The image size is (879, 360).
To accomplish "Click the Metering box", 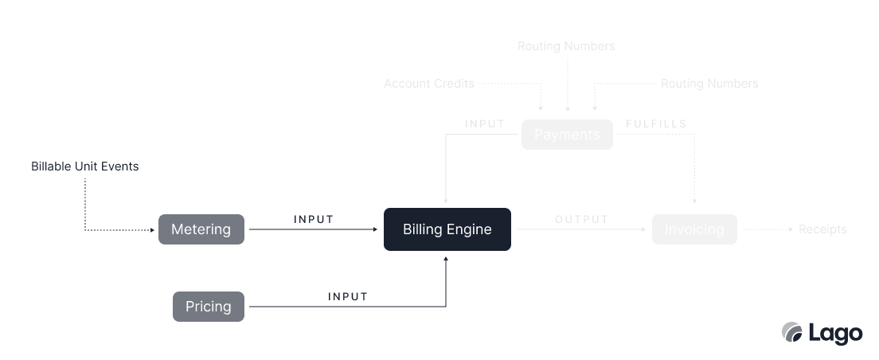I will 201,229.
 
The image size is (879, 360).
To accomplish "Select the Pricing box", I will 209,307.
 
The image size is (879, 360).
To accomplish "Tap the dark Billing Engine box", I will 447,229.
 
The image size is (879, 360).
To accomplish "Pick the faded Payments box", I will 567,135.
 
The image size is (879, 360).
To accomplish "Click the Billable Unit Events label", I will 85,166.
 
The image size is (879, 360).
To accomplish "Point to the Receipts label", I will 822,229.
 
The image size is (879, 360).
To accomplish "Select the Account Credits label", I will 429,84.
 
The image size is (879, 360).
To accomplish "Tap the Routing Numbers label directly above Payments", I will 566,46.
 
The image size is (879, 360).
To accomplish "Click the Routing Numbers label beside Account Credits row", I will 709,84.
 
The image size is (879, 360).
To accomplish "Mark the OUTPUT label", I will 581,219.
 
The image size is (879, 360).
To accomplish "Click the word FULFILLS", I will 656,124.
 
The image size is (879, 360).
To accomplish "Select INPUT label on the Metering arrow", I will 314,219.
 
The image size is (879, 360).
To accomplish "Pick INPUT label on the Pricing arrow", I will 348,296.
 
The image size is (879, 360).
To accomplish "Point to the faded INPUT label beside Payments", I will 485,124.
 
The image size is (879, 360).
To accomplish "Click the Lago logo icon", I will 792,332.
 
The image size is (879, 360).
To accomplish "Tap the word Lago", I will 835,333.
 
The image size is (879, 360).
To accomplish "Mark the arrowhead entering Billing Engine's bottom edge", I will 446,258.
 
